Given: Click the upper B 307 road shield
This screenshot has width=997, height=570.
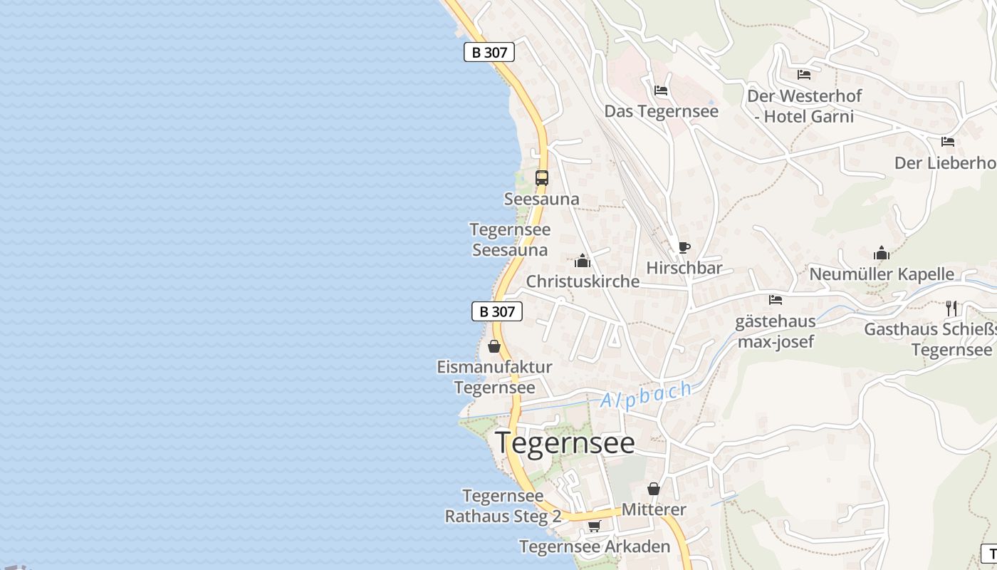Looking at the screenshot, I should (x=489, y=52).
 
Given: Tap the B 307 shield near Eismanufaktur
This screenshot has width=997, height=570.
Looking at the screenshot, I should (x=497, y=311).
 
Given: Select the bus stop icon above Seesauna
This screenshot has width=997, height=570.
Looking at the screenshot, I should (x=542, y=177).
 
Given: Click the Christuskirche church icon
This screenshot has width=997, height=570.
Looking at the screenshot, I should (x=583, y=261).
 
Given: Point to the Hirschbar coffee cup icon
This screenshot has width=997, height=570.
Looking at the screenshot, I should (x=684, y=247).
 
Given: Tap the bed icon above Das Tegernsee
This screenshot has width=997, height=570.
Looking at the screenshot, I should (x=661, y=90).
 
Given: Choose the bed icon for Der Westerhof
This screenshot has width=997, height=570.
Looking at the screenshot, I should (x=804, y=74).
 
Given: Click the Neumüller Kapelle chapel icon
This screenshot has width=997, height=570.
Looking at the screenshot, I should (x=882, y=253).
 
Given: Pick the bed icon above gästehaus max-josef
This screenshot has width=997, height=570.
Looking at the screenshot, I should (x=776, y=300).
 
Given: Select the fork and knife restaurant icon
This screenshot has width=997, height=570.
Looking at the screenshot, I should (x=951, y=308).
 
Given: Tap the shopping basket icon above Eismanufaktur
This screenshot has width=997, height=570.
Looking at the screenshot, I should (x=494, y=346).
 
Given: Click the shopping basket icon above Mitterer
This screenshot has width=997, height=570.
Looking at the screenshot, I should (x=653, y=489).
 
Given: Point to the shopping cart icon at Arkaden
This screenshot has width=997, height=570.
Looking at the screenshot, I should (x=594, y=526).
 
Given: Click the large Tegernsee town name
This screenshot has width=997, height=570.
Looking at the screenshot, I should (x=565, y=442).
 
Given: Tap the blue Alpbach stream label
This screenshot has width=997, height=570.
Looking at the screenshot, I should (x=646, y=395).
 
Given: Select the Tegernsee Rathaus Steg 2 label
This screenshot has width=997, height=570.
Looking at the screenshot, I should (x=503, y=506).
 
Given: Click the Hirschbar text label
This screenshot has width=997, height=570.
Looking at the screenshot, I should (x=684, y=268).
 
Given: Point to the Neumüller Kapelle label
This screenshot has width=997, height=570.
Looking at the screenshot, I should (x=882, y=274).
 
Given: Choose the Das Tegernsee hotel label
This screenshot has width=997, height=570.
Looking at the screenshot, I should (x=661, y=111).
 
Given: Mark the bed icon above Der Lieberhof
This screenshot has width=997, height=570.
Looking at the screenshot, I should (x=947, y=142).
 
